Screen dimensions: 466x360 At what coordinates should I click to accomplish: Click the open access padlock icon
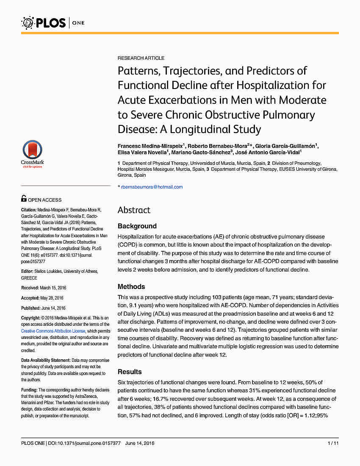24,199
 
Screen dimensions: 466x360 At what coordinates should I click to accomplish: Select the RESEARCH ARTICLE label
141,58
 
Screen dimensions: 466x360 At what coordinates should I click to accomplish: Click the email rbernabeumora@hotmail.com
152,187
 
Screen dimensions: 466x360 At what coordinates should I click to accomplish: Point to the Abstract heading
134,210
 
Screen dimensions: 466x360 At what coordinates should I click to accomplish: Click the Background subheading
137,226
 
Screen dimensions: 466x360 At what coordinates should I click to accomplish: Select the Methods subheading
131,287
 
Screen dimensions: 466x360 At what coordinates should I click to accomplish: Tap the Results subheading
130,372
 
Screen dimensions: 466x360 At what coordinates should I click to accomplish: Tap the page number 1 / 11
333,443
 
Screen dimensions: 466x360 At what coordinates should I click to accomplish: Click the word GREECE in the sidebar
29,278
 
